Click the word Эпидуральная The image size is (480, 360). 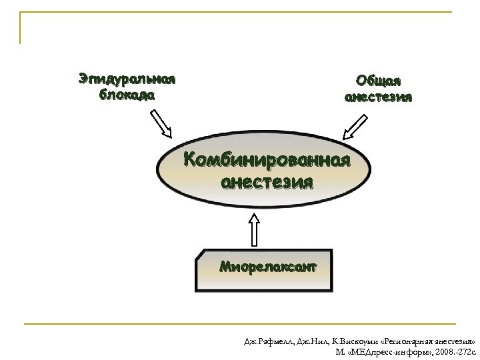(x=127, y=79)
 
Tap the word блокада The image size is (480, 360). (x=127, y=94)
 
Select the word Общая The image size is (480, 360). (x=378, y=81)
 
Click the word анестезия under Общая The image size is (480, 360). (x=378, y=97)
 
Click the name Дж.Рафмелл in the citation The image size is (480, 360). (x=266, y=339)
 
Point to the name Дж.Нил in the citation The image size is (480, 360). (x=307, y=339)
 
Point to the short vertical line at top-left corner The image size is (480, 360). (x=20, y=27)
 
